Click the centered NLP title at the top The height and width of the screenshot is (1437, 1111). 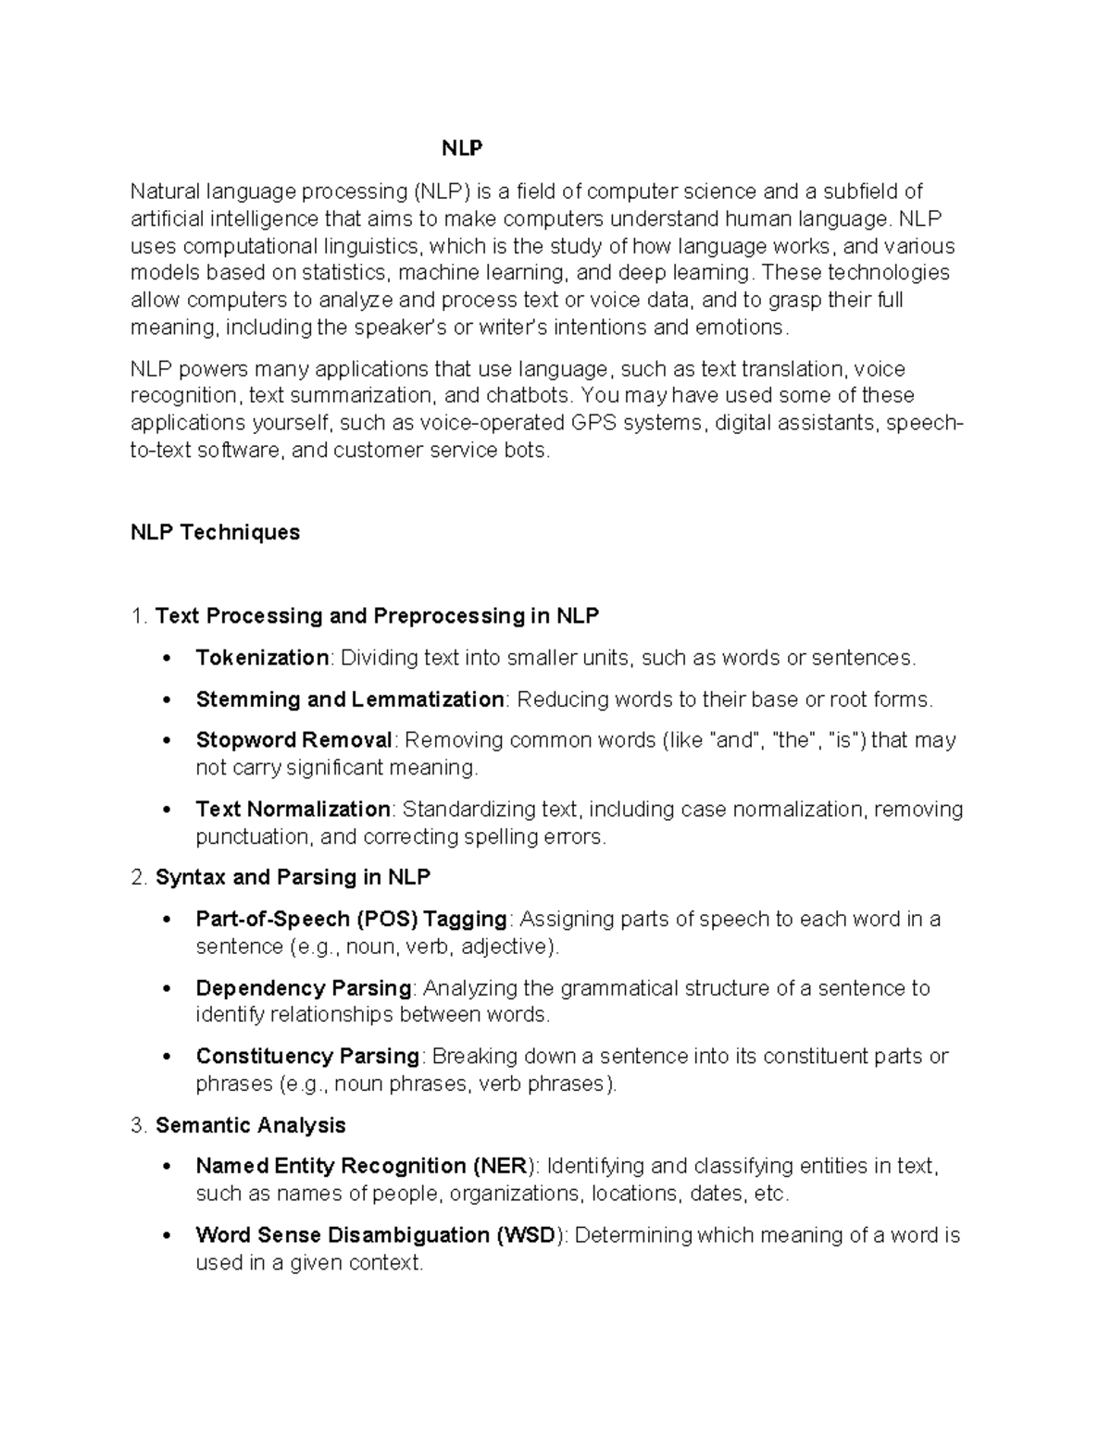(x=461, y=149)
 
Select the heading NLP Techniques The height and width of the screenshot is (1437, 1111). (x=215, y=532)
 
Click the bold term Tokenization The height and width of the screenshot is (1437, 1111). (x=262, y=658)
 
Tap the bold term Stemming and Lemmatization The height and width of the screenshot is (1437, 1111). (x=349, y=700)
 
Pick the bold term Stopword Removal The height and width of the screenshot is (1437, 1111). (x=294, y=740)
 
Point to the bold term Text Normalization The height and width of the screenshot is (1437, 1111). (x=293, y=810)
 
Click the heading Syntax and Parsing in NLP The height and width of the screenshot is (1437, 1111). (x=293, y=877)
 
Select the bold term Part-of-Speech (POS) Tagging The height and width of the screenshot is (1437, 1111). (x=351, y=919)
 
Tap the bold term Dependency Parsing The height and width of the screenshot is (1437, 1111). (x=304, y=988)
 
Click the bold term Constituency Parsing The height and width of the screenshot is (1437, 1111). (x=307, y=1057)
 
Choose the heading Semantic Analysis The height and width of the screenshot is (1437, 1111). (x=250, y=1125)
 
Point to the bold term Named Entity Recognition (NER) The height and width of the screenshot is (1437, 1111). (x=365, y=1166)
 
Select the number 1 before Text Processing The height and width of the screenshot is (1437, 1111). (x=137, y=616)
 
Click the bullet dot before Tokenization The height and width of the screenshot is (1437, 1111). (x=167, y=659)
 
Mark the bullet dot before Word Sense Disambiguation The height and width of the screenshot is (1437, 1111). (x=167, y=1236)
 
